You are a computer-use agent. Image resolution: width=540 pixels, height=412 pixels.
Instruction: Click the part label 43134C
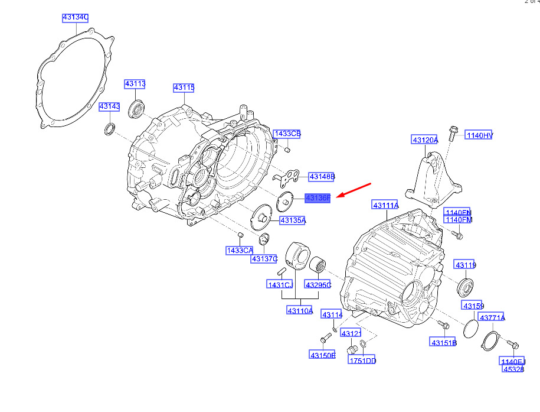click(76, 18)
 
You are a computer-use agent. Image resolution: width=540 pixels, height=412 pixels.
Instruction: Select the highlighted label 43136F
click(318, 198)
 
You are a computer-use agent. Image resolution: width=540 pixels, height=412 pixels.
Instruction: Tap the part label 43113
click(135, 85)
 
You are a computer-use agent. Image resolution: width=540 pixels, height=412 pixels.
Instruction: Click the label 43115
click(184, 88)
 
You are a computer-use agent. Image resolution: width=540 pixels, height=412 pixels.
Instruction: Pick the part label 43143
click(109, 107)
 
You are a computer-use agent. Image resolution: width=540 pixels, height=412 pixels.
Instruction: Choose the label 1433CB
click(287, 134)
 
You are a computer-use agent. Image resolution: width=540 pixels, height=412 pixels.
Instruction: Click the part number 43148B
click(322, 177)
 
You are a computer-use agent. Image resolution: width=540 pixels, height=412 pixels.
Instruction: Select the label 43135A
click(293, 220)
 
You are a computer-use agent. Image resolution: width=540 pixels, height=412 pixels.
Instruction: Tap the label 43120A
click(425, 140)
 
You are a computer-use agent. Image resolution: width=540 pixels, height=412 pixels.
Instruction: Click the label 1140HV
click(479, 135)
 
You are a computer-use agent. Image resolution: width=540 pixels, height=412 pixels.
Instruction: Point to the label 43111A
click(385, 205)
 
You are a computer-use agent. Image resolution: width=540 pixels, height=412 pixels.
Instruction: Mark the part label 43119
click(465, 265)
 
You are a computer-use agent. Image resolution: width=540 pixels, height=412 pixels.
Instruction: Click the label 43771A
click(492, 318)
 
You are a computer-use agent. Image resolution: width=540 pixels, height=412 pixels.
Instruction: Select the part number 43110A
click(300, 311)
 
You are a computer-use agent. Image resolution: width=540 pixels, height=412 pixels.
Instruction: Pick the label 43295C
click(318, 285)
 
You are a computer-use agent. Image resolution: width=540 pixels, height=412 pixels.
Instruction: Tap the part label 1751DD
click(362, 361)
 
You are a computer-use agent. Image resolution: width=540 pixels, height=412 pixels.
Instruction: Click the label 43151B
click(443, 343)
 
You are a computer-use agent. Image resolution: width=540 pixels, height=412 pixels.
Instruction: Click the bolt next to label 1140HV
click(451, 132)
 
